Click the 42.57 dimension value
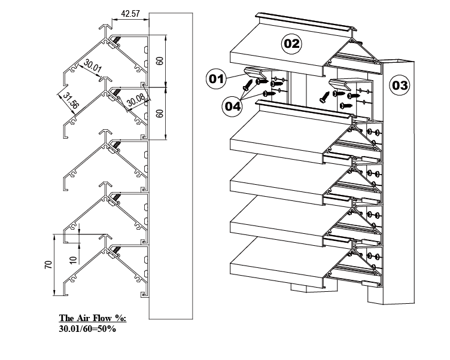pyautogui.click(x=130, y=14)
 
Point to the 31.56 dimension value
pyautogui.click(x=71, y=100)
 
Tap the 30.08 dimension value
pyautogui.click(x=136, y=100)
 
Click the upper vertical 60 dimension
pyautogui.click(x=160, y=61)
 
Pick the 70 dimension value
pyautogui.click(x=48, y=264)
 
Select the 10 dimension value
pyautogui.click(x=74, y=260)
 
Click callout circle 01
pyautogui.click(x=216, y=78)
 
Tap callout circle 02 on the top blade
pyautogui.click(x=291, y=44)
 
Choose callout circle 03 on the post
pyautogui.click(x=400, y=85)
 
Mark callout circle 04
pyautogui.click(x=232, y=106)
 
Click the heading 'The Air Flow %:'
pyautogui.click(x=93, y=318)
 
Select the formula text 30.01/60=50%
pyautogui.click(x=87, y=329)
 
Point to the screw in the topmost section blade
pyautogui.click(x=117, y=39)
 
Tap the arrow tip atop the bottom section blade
pyautogui.click(x=106, y=236)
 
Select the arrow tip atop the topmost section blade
pyautogui.click(x=106, y=27)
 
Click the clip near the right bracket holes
pyautogui.click(x=340, y=84)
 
